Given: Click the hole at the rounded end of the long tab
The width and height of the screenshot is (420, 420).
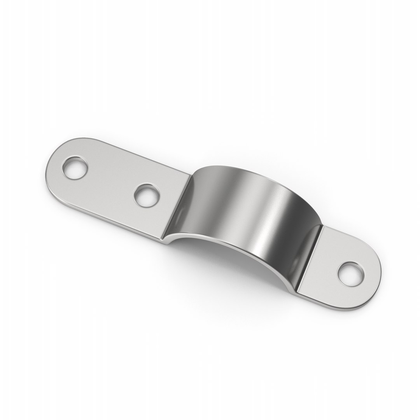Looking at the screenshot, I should coord(75,168).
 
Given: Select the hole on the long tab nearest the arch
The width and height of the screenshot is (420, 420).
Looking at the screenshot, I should coord(147,195).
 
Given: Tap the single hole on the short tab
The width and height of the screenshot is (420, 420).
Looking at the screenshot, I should coord(351,274).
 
